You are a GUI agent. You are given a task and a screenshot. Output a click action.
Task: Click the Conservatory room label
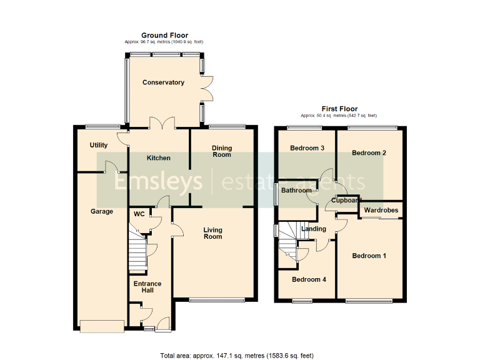click(x=163, y=82)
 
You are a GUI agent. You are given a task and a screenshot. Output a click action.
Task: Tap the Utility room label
click(x=99, y=145)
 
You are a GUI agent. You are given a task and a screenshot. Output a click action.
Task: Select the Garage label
click(x=102, y=211)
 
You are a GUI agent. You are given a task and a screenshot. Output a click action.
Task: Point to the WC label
click(x=139, y=214)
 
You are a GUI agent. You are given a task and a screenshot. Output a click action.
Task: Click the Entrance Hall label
click(x=147, y=287)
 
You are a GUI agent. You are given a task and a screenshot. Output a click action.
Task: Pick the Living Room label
click(x=212, y=233)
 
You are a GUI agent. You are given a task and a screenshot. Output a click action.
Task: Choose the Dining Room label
click(x=222, y=151)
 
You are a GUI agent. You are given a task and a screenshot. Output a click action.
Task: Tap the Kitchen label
click(x=159, y=158)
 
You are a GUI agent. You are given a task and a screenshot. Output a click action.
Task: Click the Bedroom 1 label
click(x=369, y=256)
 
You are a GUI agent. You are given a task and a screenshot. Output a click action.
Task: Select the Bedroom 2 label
click(x=369, y=153)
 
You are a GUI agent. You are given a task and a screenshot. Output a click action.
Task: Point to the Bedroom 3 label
click(x=307, y=148)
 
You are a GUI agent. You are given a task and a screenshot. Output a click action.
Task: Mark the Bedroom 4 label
click(x=309, y=279)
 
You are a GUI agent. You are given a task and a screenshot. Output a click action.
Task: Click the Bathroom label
click(x=296, y=191)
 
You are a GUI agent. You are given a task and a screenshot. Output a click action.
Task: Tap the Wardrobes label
click(x=381, y=211)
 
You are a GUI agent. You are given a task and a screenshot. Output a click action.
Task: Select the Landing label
click(x=313, y=229)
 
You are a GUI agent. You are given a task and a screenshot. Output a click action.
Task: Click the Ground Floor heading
click(x=164, y=35)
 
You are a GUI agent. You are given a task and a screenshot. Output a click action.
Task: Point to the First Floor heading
click(x=339, y=109)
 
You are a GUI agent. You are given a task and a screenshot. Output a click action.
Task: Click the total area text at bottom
click(x=237, y=355)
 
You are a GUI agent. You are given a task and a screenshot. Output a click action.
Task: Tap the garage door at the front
click(x=101, y=326)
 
